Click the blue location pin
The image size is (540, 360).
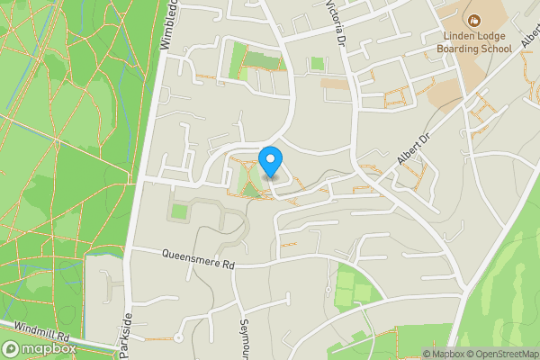click(271, 163)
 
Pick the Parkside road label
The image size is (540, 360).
click(126, 332)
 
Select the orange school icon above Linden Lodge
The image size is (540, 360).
click(473, 19)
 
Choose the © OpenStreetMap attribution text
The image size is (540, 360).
click(502, 354)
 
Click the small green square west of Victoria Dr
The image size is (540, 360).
click(317, 64)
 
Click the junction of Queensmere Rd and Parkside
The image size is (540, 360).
click(130, 249)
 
